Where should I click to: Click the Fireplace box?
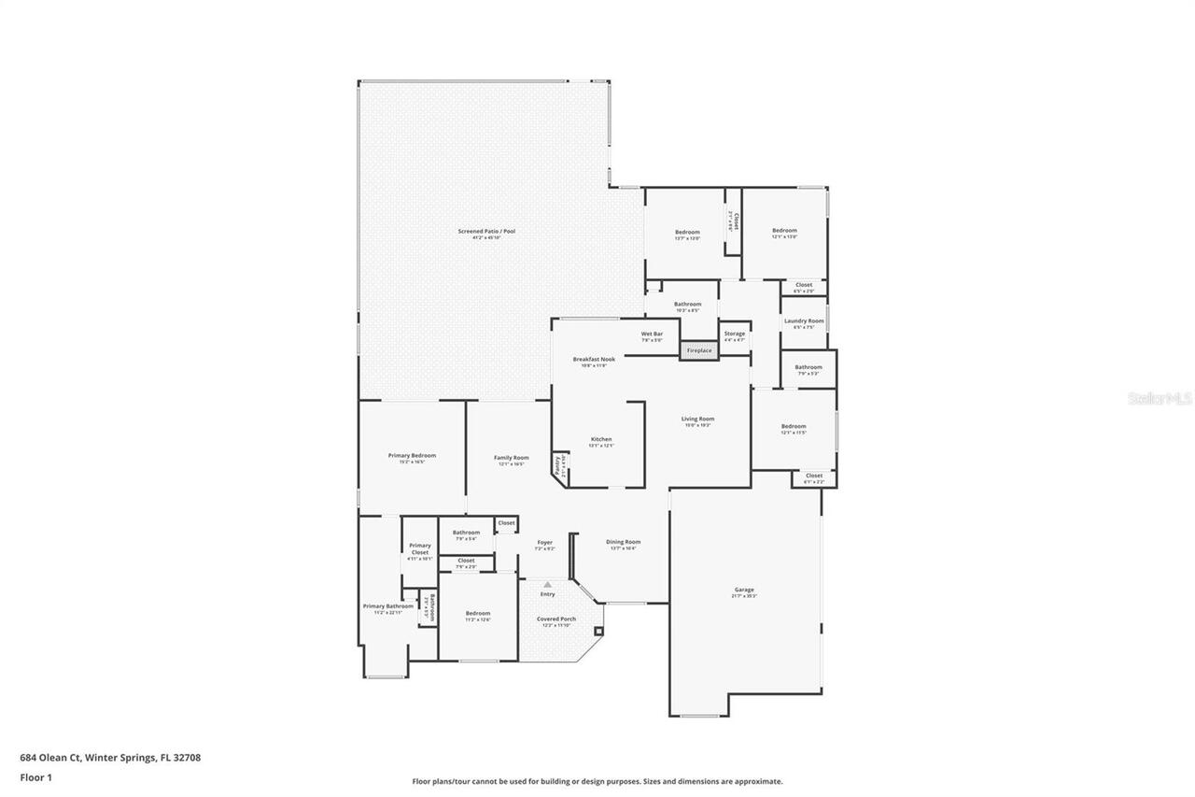(699, 350)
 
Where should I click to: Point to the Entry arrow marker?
(547, 585)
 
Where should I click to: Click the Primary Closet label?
(420, 548)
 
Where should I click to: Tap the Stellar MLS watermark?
(1160, 398)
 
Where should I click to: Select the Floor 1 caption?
(35, 776)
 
